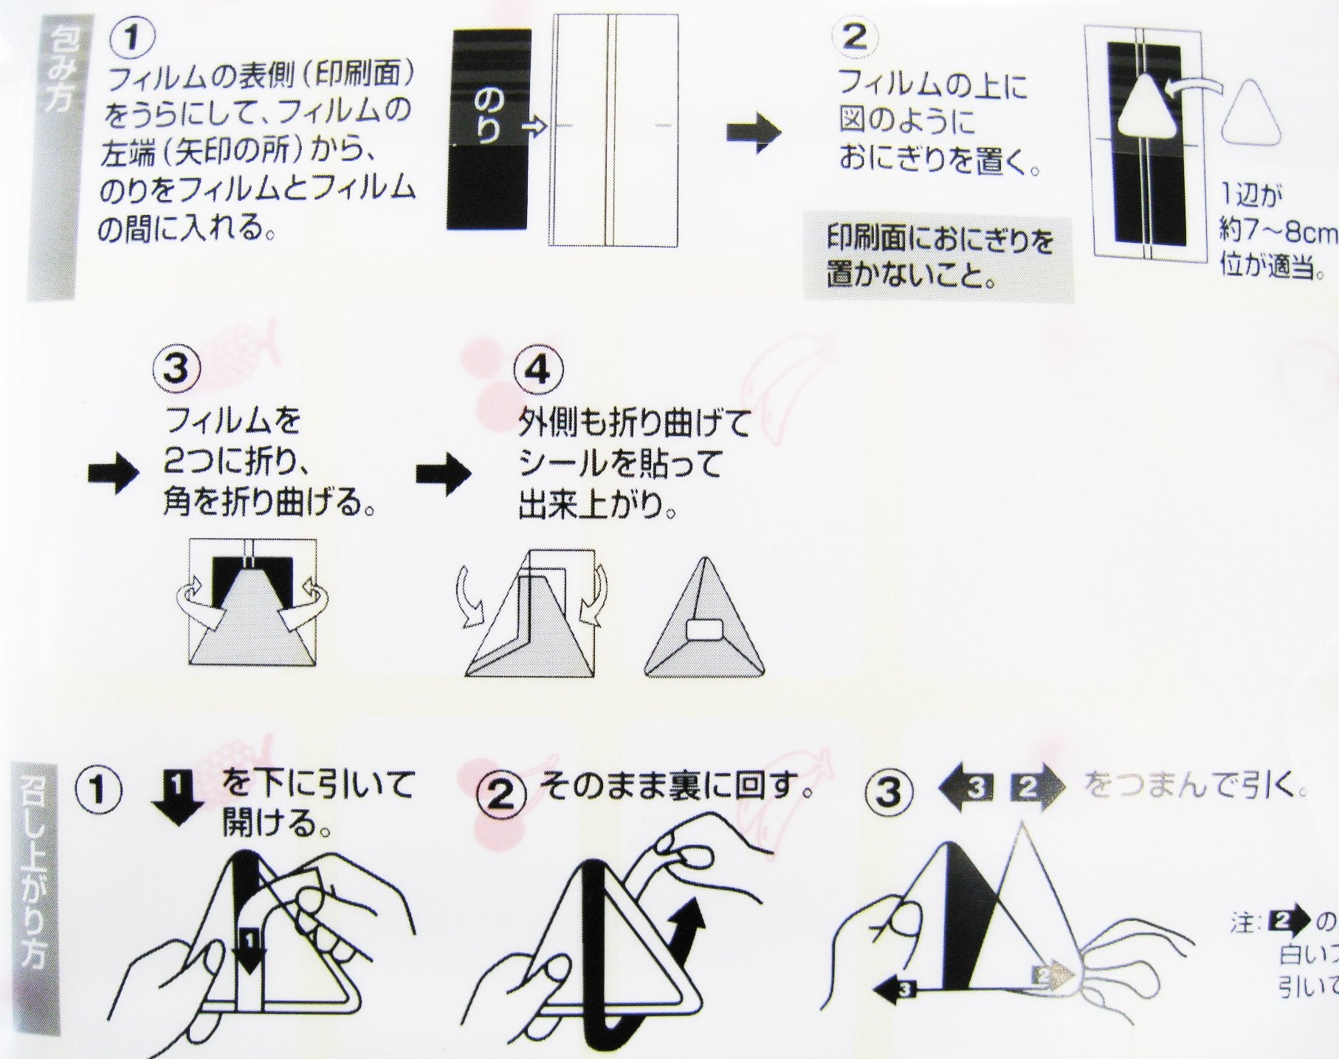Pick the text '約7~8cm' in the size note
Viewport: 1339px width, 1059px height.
pyautogui.click(x=1278, y=233)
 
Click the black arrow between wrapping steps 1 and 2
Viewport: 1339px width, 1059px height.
pyautogui.click(x=752, y=134)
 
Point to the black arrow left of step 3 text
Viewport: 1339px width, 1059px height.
pyautogui.click(x=112, y=474)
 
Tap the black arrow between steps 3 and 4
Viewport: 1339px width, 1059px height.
pyautogui.click(x=442, y=474)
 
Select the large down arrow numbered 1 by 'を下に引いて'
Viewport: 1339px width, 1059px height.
pyautogui.click(x=176, y=795)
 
